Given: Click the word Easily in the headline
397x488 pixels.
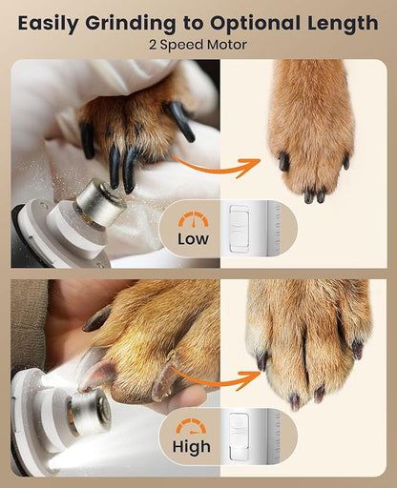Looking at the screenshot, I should (50, 22).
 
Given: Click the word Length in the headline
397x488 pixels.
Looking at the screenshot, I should (343, 22).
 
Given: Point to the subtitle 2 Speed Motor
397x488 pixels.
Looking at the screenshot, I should (198, 44).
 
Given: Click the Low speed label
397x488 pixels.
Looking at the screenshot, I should (193, 239).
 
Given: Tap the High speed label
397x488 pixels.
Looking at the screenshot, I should (193, 447).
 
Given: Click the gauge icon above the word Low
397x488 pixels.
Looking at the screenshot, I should (193, 219).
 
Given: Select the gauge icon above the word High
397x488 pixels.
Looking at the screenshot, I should (193, 427).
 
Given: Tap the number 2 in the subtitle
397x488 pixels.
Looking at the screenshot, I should (153, 44).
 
